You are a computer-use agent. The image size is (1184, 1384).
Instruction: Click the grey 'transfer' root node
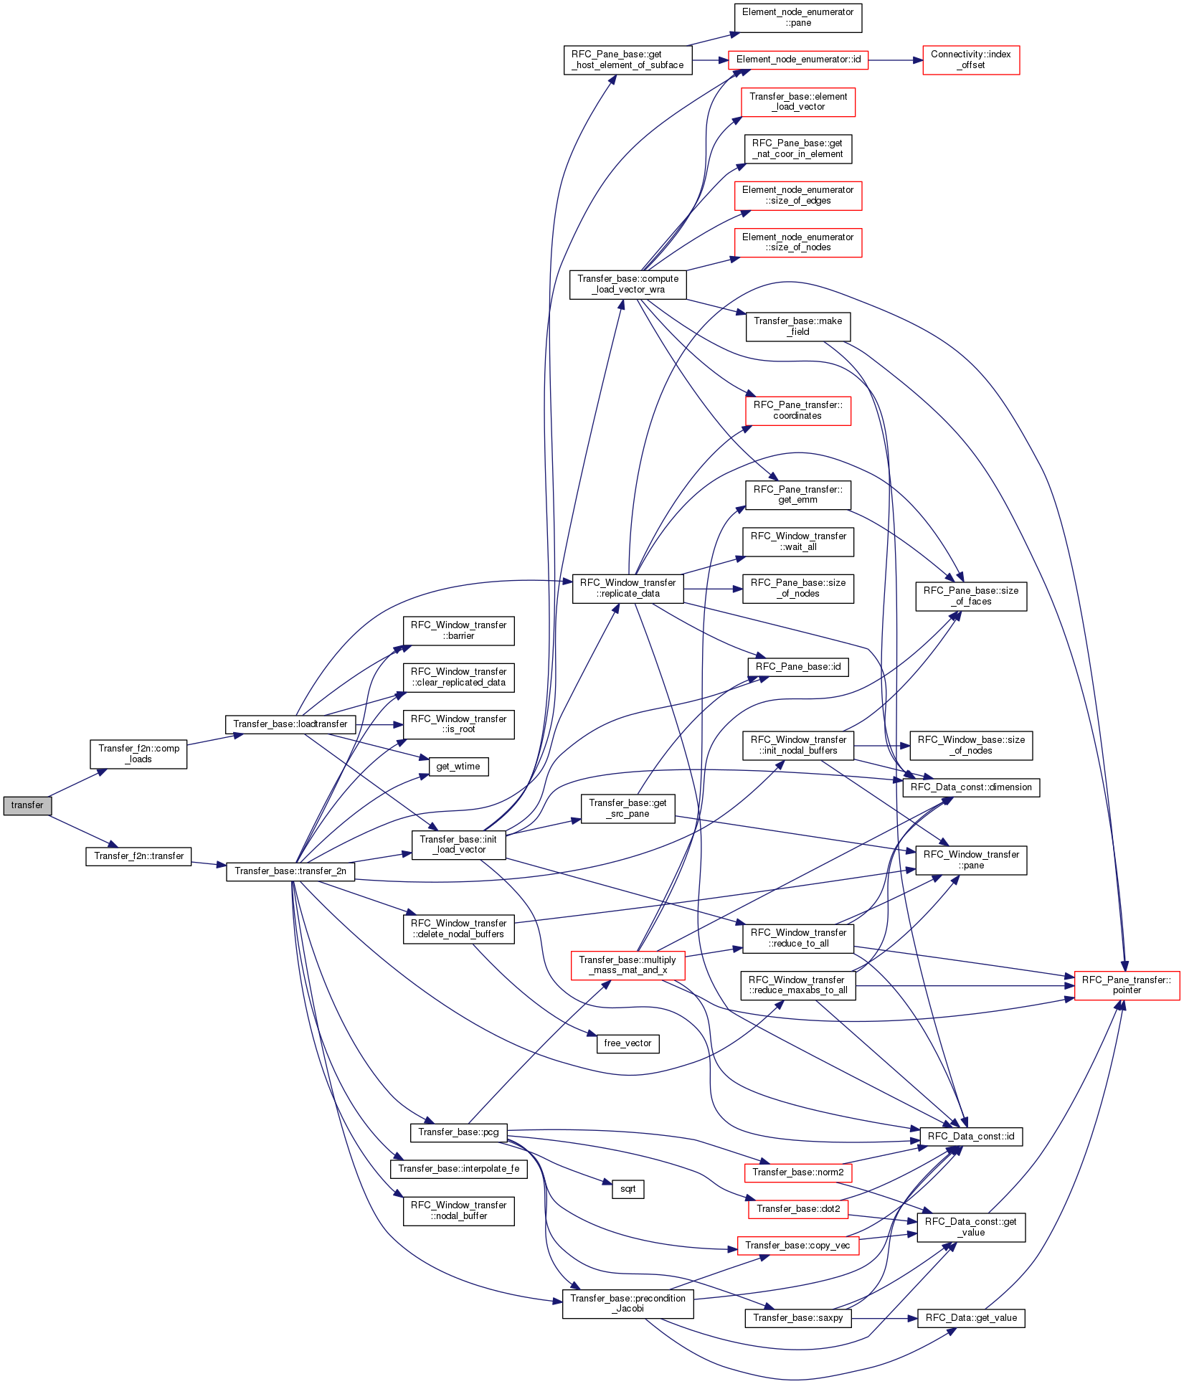[x=27, y=805]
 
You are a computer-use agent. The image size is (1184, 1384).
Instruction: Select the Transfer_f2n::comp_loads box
[x=138, y=754]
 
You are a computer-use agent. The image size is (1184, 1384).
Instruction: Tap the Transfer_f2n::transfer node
[x=138, y=856]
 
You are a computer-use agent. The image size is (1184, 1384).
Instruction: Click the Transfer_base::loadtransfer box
[x=290, y=724]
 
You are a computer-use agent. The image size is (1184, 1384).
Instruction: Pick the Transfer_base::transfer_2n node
[x=290, y=871]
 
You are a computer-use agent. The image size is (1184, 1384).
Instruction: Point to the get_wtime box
[x=458, y=767]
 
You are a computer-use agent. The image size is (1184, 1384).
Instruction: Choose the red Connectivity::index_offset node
[x=971, y=60]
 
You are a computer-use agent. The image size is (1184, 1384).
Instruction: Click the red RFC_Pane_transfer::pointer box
[x=1127, y=985]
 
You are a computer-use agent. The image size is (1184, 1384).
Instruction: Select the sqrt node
[x=628, y=1189]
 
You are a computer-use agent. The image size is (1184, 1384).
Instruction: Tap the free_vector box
[x=627, y=1043]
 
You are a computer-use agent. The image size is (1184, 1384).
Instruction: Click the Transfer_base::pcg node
[x=458, y=1132]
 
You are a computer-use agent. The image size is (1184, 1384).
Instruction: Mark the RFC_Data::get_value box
[x=971, y=1318]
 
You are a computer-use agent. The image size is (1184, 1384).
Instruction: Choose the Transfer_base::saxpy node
[x=798, y=1318]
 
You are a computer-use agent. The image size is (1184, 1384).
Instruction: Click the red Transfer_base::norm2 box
[x=798, y=1172]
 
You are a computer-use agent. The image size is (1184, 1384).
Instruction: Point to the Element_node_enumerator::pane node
[x=798, y=18]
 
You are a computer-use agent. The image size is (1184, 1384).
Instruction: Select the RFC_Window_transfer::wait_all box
[x=798, y=541]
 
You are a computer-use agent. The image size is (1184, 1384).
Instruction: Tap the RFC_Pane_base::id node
[x=798, y=667]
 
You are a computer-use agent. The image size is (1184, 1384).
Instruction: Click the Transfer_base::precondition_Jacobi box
[x=628, y=1304]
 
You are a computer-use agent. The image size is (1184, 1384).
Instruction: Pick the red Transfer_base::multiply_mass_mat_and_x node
[x=627, y=965]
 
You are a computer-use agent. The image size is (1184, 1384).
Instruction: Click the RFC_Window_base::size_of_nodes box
[x=971, y=745]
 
